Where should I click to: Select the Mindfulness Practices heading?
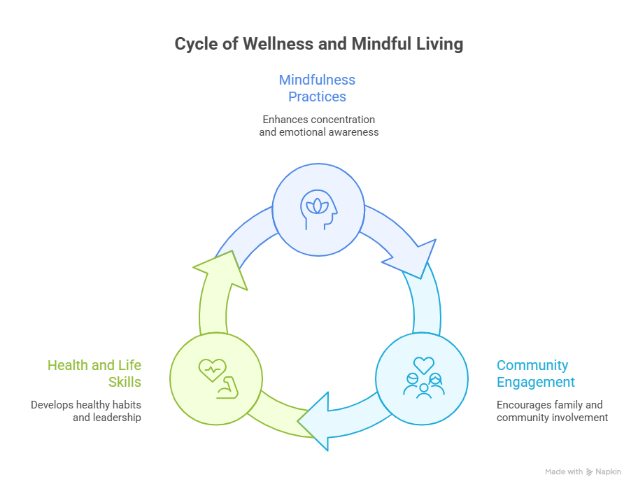coord(317,88)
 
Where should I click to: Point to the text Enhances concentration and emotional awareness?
coord(318,126)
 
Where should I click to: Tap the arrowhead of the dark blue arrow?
coord(413,258)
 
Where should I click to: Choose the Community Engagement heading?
coord(535,373)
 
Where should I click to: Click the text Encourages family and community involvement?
coord(552,411)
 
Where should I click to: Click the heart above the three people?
coord(423,364)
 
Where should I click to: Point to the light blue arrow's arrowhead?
coord(316,420)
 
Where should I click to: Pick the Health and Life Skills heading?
coord(94,373)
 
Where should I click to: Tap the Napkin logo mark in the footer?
coord(590,472)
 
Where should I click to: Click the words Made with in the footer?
coord(564,472)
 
